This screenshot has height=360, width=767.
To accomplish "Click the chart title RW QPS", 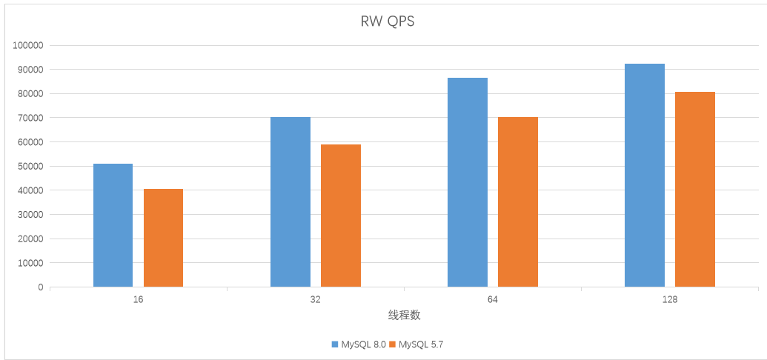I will (387, 21).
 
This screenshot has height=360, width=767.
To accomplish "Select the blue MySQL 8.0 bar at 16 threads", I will (113, 225).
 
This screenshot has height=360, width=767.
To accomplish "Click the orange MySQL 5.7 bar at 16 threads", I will (163, 238).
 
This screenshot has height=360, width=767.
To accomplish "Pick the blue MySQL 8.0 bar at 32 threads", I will (290, 201).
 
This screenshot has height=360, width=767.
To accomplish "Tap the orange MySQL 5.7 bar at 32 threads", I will (341, 216).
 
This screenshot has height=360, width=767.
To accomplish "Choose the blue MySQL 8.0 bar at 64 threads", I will (468, 182).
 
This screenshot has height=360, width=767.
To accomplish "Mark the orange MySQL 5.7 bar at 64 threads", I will (518, 201).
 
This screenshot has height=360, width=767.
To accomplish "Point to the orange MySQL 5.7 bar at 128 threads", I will (695, 189).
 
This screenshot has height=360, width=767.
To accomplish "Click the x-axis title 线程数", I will (404, 315).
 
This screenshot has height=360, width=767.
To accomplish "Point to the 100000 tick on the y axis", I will (28, 45).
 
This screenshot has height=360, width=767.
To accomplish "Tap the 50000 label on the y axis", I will (30, 166).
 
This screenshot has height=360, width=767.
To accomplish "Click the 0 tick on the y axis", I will (41, 287).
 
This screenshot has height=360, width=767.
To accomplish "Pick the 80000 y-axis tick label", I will (30, 93).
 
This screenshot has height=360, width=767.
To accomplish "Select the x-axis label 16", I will (139, 300).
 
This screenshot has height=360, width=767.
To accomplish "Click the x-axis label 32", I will (316, 300).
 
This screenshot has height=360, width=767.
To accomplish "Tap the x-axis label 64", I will (493, 300).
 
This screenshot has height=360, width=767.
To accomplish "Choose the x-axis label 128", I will (670, 300).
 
